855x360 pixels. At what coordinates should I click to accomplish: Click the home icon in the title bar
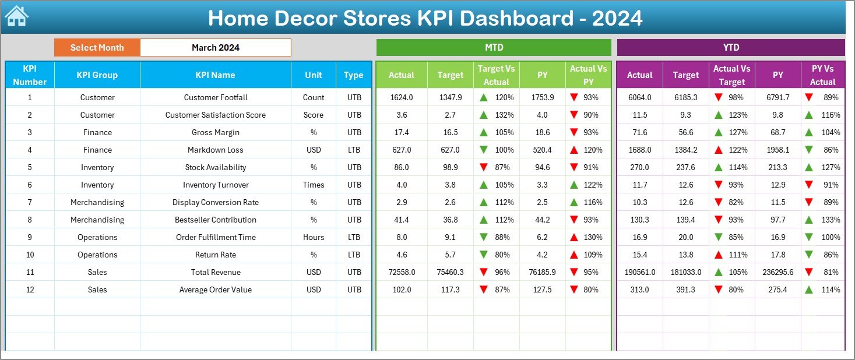[x=16, y=16]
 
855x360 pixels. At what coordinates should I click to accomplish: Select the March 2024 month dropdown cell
[x=215, y=48]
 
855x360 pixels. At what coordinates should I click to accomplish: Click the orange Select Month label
[x=97, y=48]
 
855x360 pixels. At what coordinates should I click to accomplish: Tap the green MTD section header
[x=494, y=48]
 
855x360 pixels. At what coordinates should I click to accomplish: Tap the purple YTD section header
[x=731, y=48]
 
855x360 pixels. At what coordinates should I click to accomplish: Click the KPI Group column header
[x=97, y=75]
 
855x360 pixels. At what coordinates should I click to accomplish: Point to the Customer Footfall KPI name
[x=215, y=98]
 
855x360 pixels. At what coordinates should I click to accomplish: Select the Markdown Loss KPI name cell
[x=215, y=150]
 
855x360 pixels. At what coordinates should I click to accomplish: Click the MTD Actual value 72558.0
[x=401, y=273]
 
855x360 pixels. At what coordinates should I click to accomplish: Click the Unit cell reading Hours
[x=314, y=238]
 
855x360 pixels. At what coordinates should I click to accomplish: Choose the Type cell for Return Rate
[x=354, y=255]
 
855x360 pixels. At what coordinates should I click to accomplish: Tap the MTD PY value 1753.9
[x=543, y=98]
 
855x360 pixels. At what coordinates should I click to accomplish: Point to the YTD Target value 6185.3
[x=685, y=98]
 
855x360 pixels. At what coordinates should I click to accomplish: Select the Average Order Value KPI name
[x=215, y=290]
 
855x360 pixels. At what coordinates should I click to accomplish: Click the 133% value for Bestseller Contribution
[x=831, y=220]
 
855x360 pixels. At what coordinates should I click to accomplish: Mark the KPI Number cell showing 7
[x=30, y=203]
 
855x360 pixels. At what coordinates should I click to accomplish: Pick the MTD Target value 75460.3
[x=450, y=273]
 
